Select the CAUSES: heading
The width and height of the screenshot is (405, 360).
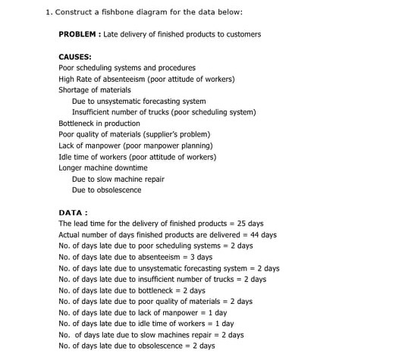(x=75, y=57)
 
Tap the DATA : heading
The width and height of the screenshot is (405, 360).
(x=73, y=213)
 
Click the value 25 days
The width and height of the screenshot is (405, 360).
(x=250, y=224)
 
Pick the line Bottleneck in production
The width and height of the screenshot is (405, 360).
(x=99, y=124)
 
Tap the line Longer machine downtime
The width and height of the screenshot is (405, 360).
(x=103, y=167)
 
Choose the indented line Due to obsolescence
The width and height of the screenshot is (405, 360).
(x=106, y=190)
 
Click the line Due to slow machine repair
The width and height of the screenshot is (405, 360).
(x=118, y=179)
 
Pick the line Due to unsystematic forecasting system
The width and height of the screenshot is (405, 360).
(x=139, y=101)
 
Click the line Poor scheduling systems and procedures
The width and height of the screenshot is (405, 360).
(x=127, y=67)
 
